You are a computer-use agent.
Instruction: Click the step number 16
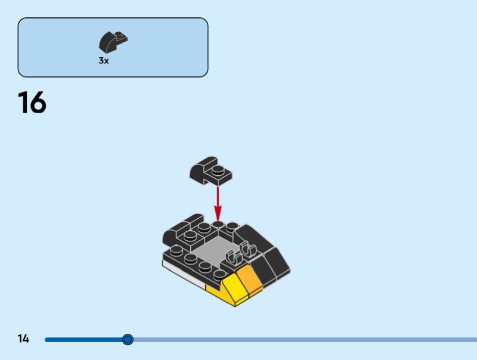pos(32,103)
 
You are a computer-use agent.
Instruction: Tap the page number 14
pos(23,339)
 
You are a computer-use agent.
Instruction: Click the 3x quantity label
pos(104,61)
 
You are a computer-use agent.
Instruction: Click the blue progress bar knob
pos(128,340)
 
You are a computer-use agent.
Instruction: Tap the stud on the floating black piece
pos(219,170)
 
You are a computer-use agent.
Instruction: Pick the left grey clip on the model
pos(233,257)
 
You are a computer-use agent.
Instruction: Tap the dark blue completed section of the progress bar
pos(83,340)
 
